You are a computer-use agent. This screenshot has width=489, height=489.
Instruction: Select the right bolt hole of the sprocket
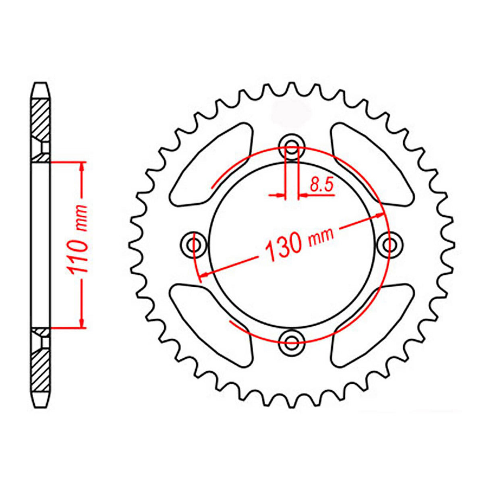click(389, 244)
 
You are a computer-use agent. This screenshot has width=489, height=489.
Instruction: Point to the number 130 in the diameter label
click(284, 246)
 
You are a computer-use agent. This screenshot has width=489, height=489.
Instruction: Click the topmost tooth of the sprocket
click(291, 89)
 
